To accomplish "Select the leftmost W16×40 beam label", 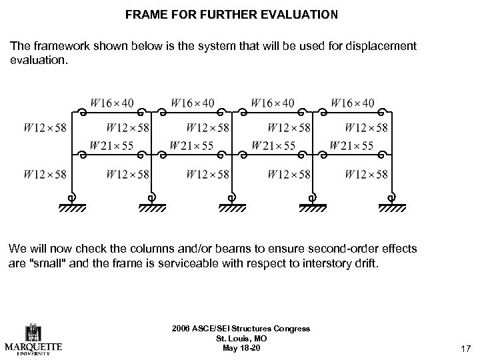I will tap(112, 103).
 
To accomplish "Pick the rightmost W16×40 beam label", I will tap(353, 103).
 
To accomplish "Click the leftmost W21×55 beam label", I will tap(111, 145).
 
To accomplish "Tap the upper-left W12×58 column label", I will tap(45, 127).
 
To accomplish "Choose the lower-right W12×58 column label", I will tap(367, 175).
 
